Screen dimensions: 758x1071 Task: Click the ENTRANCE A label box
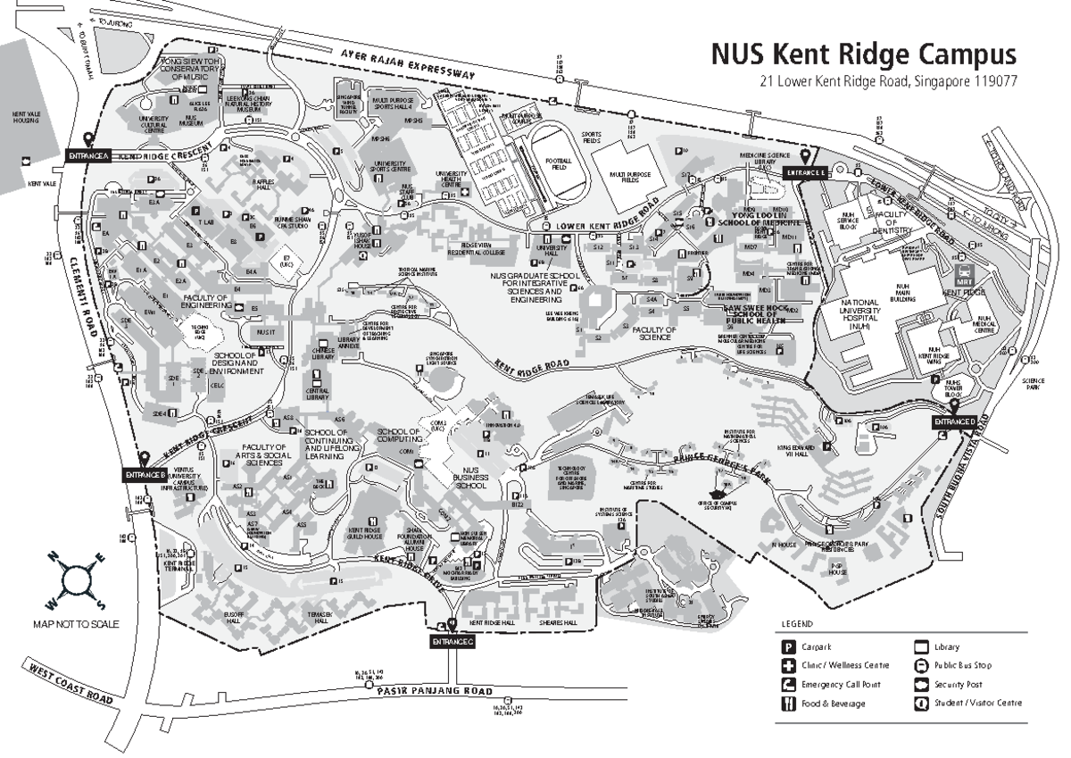tap(88, 156)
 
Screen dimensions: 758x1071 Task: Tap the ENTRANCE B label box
tap(145, 475)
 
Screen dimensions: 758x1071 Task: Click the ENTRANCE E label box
tap(805, 171)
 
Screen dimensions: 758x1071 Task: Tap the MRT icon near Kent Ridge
tap(965, 274)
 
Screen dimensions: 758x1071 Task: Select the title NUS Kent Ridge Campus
tap(863, 54)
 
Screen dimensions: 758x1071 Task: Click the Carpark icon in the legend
tap(789, 647)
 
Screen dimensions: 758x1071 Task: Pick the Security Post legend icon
tap(922, 685)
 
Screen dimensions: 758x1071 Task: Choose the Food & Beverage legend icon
tap(789, 704)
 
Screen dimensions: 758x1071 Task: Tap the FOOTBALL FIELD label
tap(558, 164)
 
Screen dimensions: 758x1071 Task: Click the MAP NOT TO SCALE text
tap(76, 624)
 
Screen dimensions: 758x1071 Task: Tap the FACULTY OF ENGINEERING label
tap(207, 302)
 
